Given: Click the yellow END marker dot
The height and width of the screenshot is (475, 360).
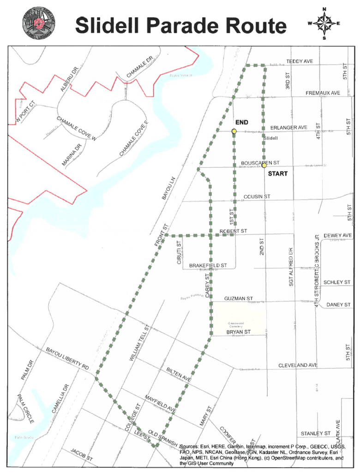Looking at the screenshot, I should coord(234,131).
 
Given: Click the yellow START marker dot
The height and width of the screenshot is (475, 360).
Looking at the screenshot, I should coord(264,166).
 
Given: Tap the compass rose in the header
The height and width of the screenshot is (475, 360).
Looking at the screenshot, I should coord(324,24).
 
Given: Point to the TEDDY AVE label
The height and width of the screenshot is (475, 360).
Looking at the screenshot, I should coord(300,61).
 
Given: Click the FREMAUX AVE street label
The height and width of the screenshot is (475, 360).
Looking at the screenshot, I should coord(323,93).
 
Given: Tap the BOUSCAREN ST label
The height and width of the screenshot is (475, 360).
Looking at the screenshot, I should coord(260,163).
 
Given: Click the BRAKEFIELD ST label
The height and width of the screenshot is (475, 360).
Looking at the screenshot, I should coord(208,266).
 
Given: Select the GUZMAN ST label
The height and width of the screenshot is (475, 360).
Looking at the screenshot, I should coord(239,299).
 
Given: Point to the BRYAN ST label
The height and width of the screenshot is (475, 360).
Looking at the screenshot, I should coord(238,332).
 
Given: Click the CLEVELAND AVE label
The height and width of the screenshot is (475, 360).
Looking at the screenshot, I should coord(298,365).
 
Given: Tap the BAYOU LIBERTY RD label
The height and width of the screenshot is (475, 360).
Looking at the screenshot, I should coord(67,358).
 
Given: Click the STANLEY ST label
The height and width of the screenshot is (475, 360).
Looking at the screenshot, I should coord(316,433).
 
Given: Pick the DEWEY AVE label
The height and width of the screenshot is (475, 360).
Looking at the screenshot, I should coord(337,236).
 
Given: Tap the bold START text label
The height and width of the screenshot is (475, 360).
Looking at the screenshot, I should coord(278,174).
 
